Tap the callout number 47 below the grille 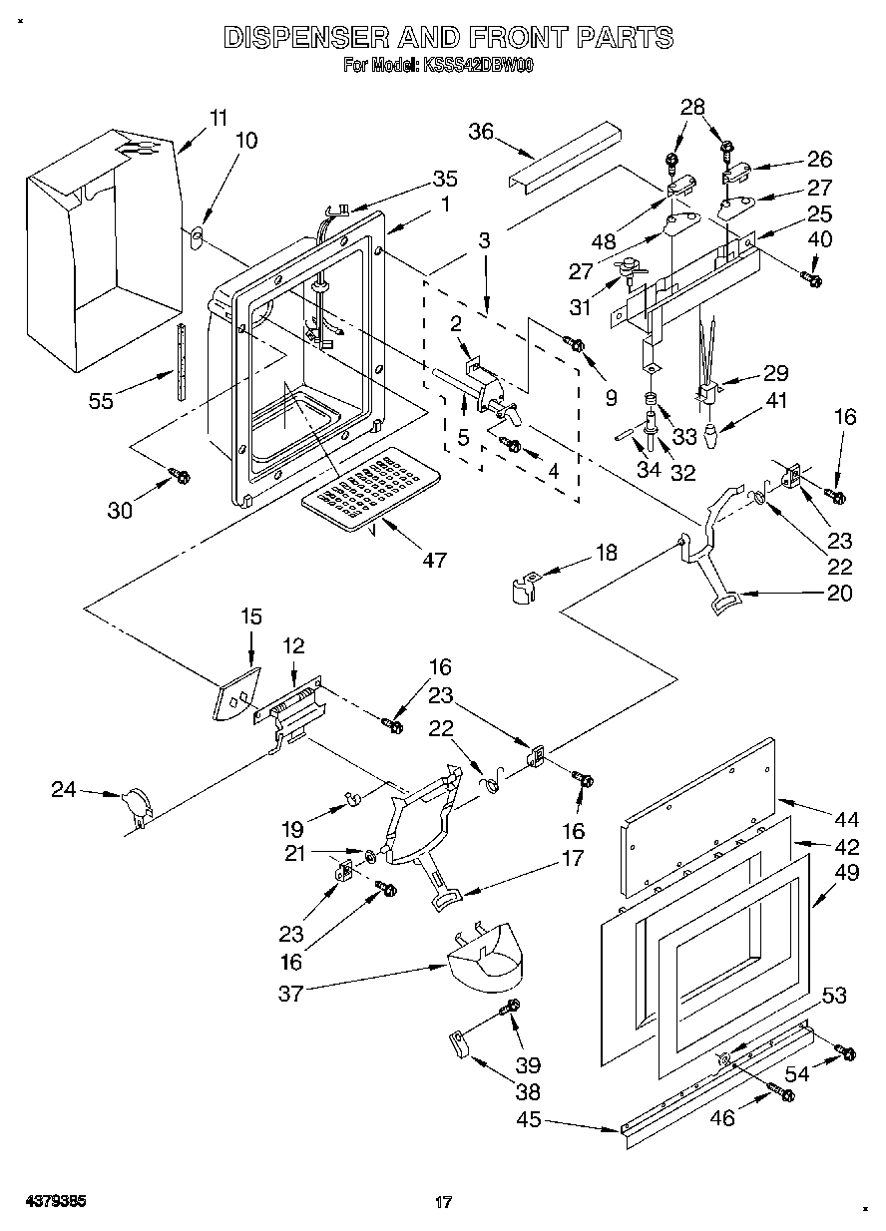tap(433, 560)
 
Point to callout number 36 tap(481, 131)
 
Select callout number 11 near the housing tap(219, 116)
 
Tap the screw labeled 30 tap(182, 476)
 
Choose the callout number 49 tap(846, 871)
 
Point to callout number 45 tap(529, 1119)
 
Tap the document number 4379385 tap(57, 1201)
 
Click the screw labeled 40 tap(813, 280)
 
